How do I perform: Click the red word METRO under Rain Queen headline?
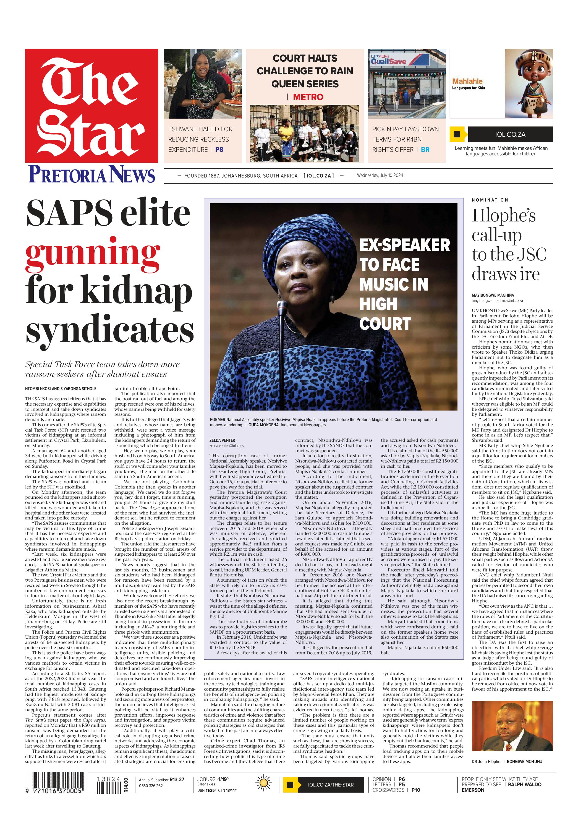pyautogui.click(x=308, y=97)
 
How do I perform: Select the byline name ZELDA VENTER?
pyautogui.click(x=222, y=440)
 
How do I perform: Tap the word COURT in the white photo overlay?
pyautogui.click(x=385, y=323)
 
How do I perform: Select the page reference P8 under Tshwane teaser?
pyautogui.click(x=219, y=150)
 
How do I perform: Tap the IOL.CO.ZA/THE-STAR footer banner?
pyautogui.click(x=331, y=785)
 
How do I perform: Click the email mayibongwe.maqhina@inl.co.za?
pyautogui.click(x=497, y=301)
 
